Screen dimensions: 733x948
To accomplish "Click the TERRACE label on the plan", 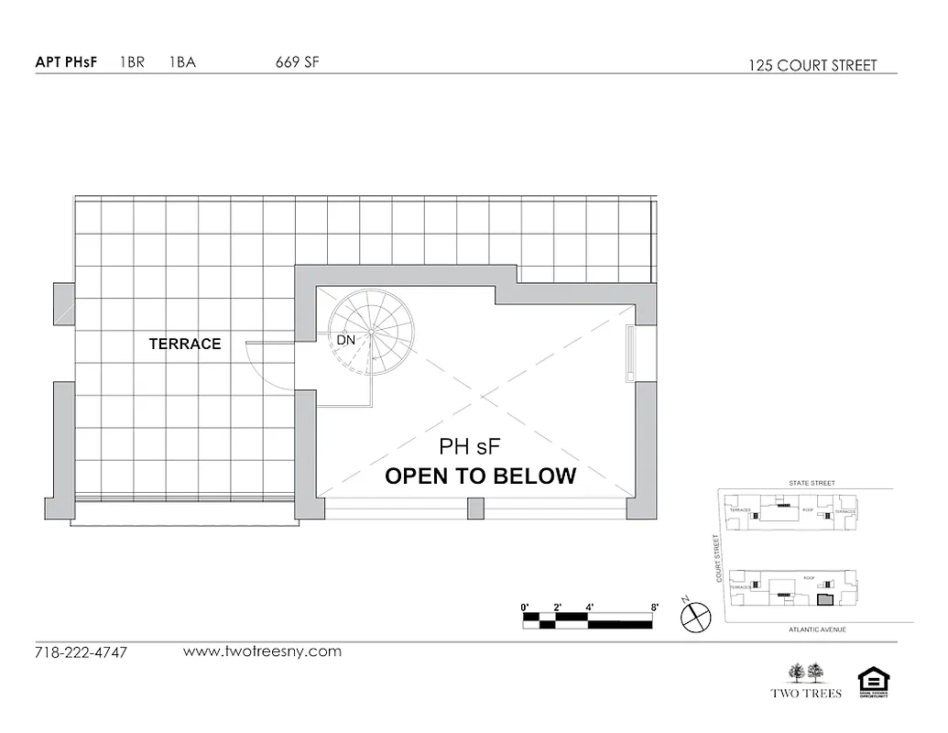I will pos(185,345).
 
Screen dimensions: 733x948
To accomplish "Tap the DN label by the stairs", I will pos(345,340).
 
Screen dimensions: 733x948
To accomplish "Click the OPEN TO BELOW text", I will pos(480,476).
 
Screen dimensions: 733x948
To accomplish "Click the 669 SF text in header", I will pos(298,63).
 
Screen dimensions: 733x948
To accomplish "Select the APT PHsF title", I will pos(66,63).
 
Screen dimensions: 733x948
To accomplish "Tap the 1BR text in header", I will pos(132,63).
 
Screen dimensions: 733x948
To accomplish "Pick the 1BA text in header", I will pos(182,63).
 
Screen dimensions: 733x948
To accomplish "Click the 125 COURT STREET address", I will pos(812,65).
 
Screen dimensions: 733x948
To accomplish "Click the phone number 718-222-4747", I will pos(81,653).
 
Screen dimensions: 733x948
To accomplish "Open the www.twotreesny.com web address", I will pos(262,651).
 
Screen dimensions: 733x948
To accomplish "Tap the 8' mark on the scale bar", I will pos(655,607).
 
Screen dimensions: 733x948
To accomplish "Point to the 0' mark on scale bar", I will pos(525,607).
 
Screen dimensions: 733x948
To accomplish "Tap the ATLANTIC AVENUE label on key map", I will pos(817,630).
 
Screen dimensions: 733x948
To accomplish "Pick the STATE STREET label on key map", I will pos(812,483).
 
